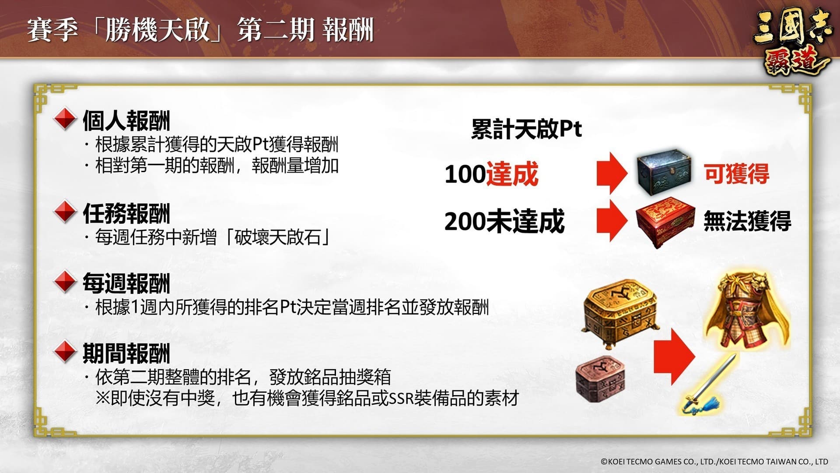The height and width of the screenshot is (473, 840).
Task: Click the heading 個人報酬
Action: click(126, 121)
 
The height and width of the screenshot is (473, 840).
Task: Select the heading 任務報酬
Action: click(126, 214)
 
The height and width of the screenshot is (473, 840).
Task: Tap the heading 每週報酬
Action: click(126, 283)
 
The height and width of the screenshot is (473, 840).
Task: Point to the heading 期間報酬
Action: click(126, 353)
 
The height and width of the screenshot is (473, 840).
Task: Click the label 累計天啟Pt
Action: click(526, 129)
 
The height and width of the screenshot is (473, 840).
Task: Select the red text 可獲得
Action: click(736, 173)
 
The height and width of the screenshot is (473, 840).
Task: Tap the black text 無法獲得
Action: click(747, 221)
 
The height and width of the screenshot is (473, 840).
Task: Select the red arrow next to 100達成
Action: click(612, 173)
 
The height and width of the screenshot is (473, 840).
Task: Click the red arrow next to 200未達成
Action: click(612, 221)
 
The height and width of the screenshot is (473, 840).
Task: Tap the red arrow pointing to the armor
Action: click(674, 357)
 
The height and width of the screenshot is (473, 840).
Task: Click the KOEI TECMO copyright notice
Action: click(714, 462)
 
